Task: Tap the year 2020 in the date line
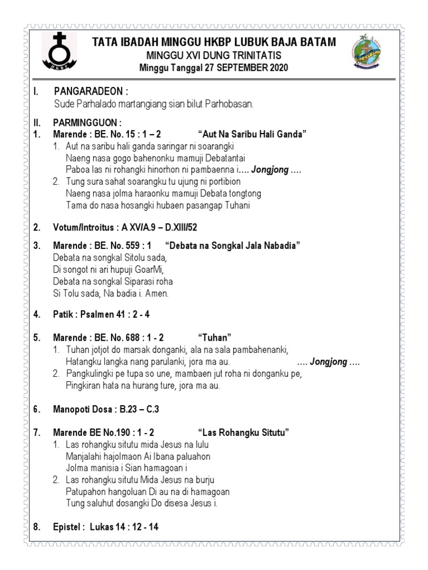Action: pyautogui.click(x=278, y=68)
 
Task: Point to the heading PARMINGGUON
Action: pyautogui.click(x=87, y=122)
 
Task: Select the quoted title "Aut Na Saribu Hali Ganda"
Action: pyautogui.click(x=252, y=134)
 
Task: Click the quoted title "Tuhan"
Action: pyautogui.click(x=215, y=338)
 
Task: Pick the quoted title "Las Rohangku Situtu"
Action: pyautogui.click(x=243, y=433)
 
